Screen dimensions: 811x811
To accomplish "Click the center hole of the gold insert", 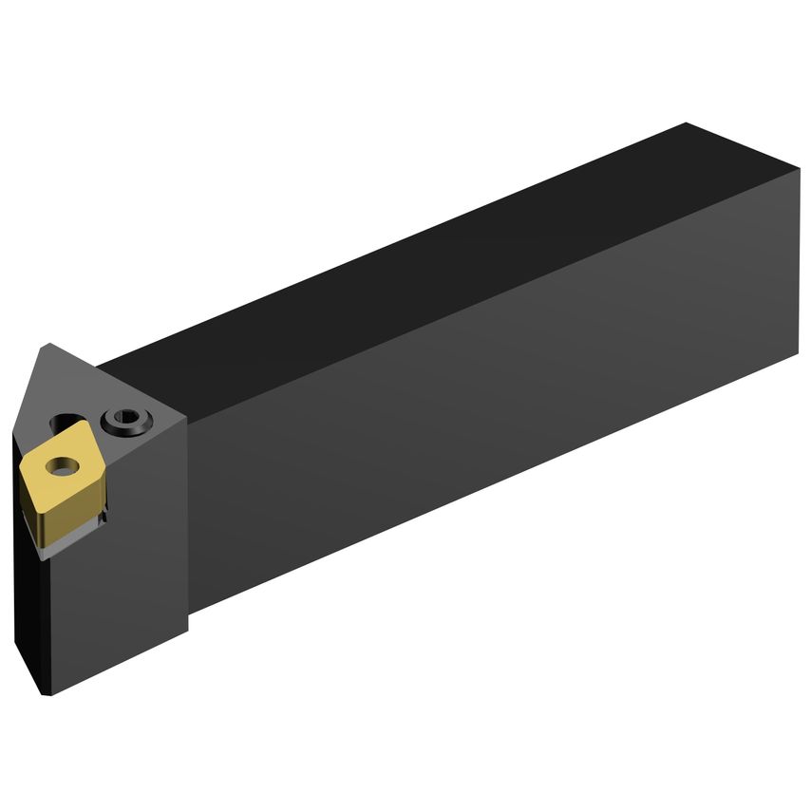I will point(63,466).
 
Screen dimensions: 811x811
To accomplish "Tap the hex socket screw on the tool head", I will point(123,418).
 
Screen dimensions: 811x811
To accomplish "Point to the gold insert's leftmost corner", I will point(21,463).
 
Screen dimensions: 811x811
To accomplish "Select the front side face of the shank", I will point(494,399).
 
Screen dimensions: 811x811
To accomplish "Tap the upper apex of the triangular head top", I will point(45,345).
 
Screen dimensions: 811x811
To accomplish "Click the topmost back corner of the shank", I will point(686,123).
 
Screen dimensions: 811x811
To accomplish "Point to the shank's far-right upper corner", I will point(799,169).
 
